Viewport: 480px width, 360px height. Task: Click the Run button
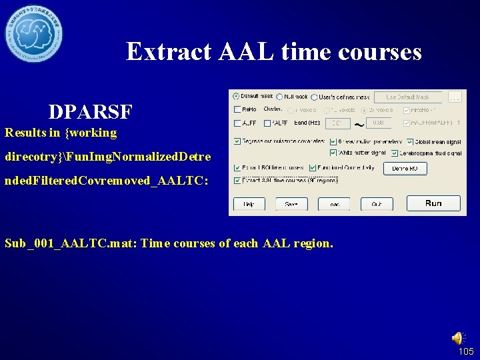point(433,203)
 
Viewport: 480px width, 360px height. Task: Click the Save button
point(291,204)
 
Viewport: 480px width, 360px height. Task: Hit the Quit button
point(377,204)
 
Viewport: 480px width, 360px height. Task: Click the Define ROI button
point(405,169)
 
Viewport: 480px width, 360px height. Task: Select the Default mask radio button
point(236,97)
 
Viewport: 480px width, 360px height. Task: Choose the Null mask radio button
point(279,97)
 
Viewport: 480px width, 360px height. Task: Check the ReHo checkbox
point(237,109)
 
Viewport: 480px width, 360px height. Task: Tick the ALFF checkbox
point(237,123)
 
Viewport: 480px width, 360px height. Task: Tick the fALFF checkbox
point(267,123)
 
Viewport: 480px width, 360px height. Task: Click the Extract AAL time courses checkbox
point(237,180)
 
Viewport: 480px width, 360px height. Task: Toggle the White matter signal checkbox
point(333,153)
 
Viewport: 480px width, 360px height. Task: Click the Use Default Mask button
point(407,97)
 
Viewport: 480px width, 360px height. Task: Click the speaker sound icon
point(458,338)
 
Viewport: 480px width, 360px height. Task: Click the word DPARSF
point(90,111)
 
